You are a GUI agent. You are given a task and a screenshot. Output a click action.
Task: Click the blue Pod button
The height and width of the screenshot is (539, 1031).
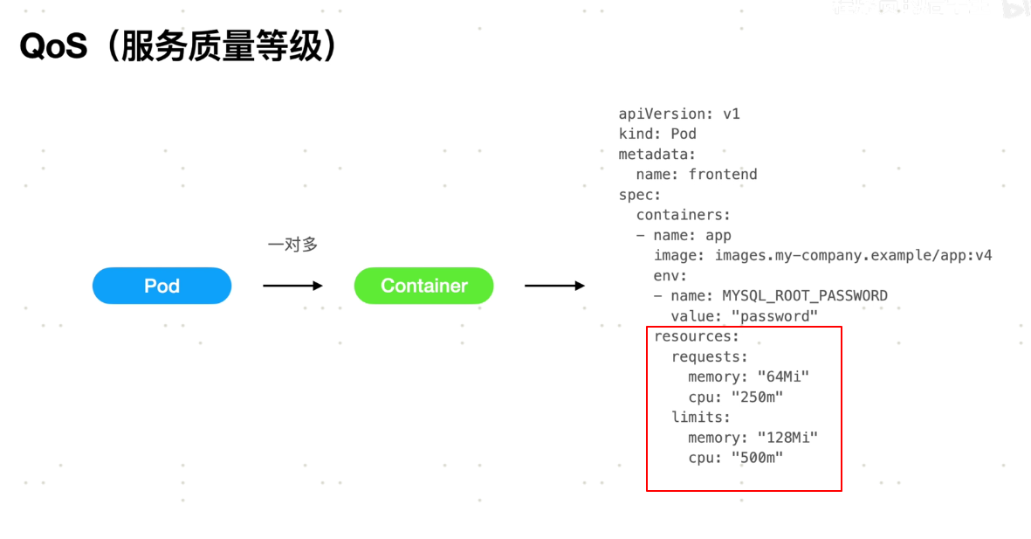(x=162, y=286)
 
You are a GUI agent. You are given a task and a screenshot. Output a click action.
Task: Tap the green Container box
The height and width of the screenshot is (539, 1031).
(x=423, y=286)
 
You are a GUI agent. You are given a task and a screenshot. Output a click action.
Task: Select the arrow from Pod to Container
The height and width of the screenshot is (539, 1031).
(x=292, y=286)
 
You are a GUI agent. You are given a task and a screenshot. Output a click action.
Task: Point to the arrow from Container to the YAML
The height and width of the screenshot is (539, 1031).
(x=554, y=286)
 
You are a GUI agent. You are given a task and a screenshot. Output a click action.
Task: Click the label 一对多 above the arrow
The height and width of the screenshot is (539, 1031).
(x=292, y=245)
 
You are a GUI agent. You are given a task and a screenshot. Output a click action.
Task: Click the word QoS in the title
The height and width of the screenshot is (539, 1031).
(x=53, y=46)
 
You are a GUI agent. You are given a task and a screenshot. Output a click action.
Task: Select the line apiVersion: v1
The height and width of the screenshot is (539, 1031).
(x=679, y=114)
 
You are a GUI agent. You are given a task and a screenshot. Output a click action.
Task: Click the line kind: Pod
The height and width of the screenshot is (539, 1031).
(x=657, y=134)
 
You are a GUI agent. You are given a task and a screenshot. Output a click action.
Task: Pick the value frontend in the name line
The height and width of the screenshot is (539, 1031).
(x=723, y=174)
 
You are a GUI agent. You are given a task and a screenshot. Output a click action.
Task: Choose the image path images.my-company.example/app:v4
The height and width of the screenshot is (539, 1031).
(x=854, y=255)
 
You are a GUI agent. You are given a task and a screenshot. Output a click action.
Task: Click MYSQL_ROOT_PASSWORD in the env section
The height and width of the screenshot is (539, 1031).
(x=805, y=295)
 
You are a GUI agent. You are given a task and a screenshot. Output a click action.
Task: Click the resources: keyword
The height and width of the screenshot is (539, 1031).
(x=697, y=336)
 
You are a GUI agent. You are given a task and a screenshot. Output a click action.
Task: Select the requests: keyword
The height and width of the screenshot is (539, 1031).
(x=710, y=356)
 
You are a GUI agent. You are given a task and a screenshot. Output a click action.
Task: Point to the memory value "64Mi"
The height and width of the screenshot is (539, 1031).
(x=784, y=377)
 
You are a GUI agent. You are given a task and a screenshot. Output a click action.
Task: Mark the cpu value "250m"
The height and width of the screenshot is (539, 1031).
(x=758, y=397)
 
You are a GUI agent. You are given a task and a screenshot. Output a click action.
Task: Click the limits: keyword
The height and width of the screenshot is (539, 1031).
(x=701, y=417)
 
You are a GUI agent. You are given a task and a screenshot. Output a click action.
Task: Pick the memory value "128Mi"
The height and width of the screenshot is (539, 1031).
(x=788, y=437)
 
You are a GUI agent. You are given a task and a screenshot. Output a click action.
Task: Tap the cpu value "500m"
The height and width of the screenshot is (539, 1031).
(x=758, y=457)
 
